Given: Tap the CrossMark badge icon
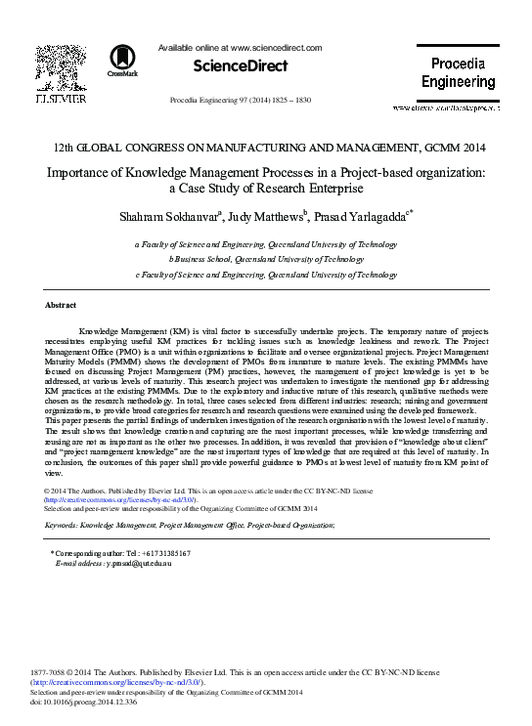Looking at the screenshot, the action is pyautogui.click(x=124, y=61).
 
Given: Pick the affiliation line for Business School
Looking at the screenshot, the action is pyautogui.click(x=266, y=261).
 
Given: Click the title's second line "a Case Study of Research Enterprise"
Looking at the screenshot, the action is pyautogui.click(x=265, y=188).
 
